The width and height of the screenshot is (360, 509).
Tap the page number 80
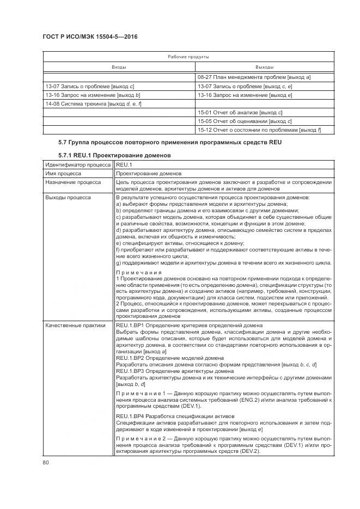46,463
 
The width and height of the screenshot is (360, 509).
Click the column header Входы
119,67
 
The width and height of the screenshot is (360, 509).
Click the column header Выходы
264,67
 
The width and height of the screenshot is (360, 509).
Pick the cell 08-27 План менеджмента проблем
254,77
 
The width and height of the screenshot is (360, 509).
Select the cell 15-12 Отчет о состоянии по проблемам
259,130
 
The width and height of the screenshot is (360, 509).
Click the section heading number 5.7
63,143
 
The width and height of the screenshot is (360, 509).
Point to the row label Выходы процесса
68,197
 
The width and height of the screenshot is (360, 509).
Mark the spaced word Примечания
139,272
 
